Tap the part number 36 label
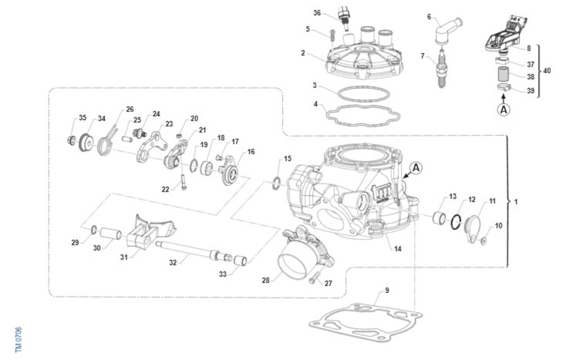click(317, 13)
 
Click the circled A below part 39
click(503, 110)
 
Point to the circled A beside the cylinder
click(416, 168)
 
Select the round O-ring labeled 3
click(364, 94)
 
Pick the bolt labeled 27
click(314, 278)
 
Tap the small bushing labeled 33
click(240, 261)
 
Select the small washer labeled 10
click(484, 241)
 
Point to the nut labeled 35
click(72, 141)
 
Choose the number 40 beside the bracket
click(547, 70)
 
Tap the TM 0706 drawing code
click(19, 340)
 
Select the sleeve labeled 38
click(503, 74)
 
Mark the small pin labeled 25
click(127, 139)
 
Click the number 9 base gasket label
click(387, 290)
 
